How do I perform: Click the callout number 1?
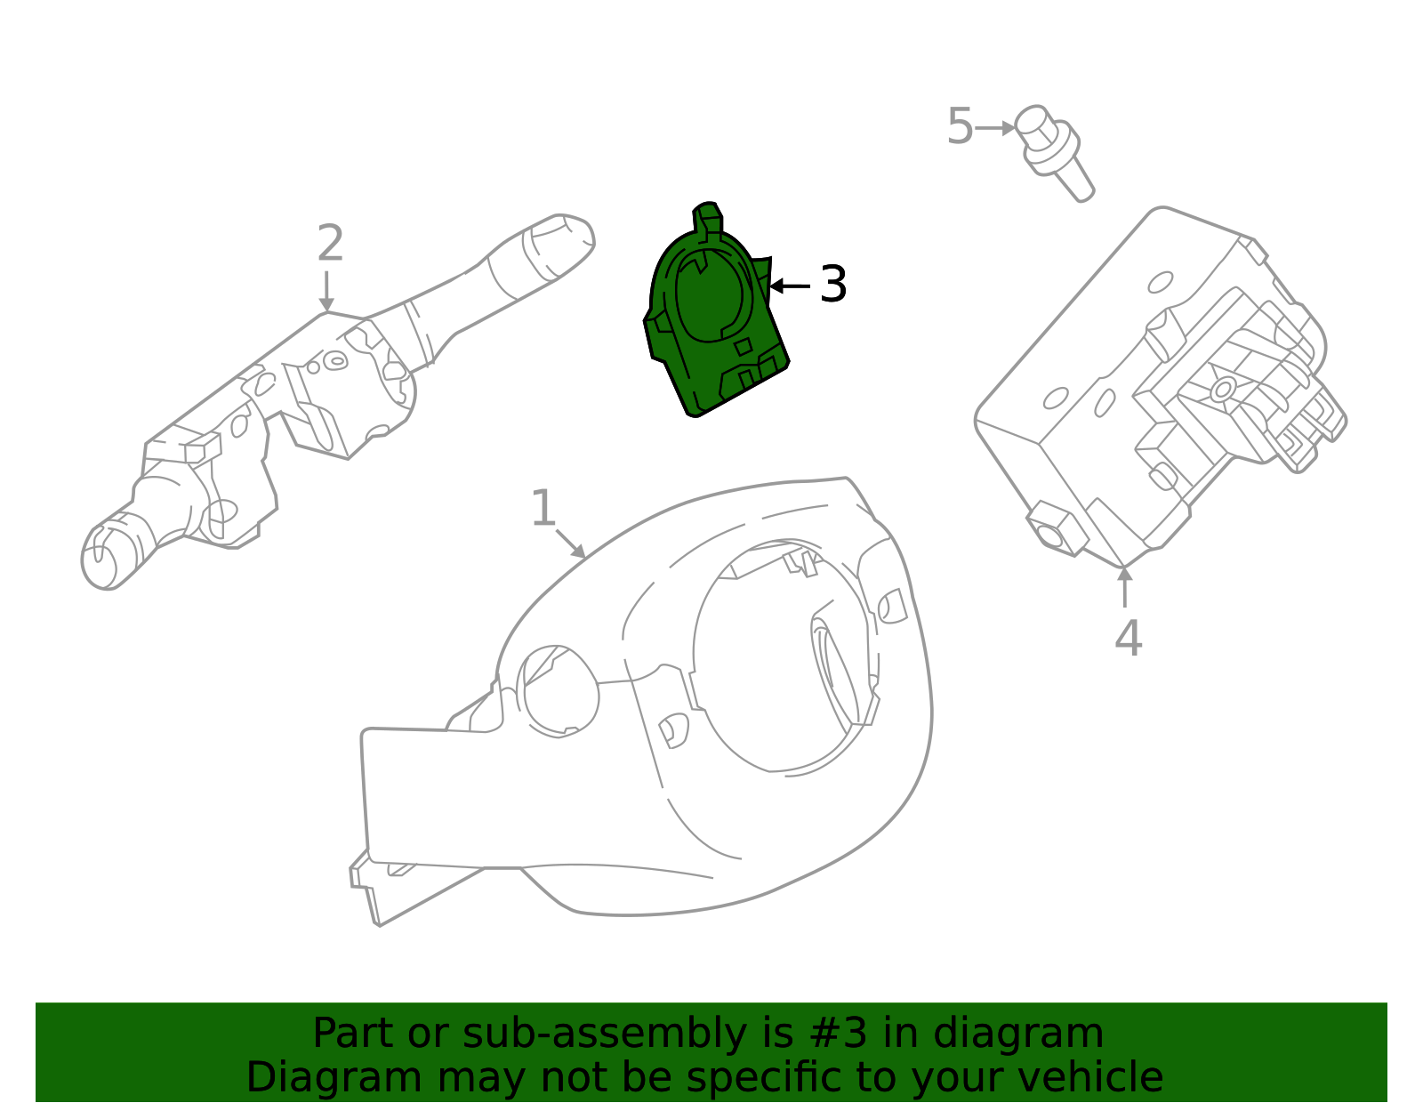click(543, 509)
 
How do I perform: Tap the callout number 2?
click(330, 244)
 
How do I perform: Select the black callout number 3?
click(832, 285)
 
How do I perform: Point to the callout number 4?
click(1128, 639)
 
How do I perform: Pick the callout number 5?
click(960, 126)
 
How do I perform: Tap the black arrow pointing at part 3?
click(790, 286)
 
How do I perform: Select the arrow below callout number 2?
click(327, 291)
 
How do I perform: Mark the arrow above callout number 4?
click(1125, 587)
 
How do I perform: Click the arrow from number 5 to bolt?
click(995, 128)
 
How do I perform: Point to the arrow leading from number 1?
click(569, 543)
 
